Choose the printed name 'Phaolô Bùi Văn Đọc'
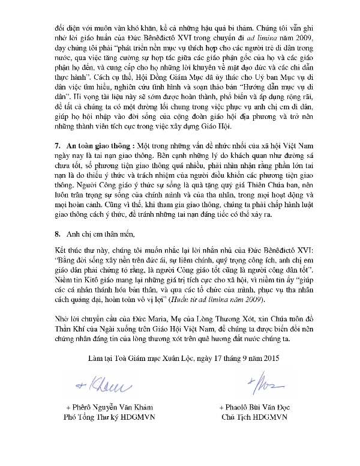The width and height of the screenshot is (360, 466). click(257, 407)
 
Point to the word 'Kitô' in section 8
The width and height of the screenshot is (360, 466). click(85, 280)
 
